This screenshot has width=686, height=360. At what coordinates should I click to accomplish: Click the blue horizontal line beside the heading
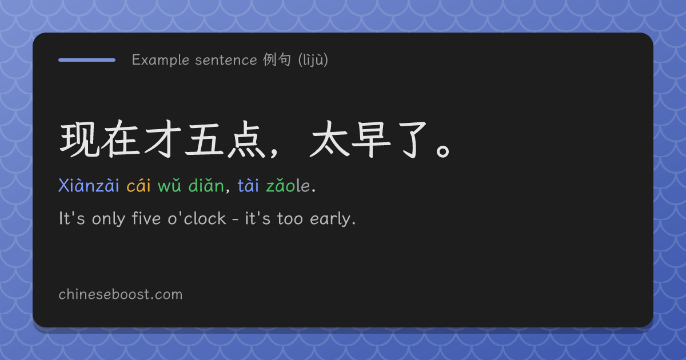(x=87, y=60)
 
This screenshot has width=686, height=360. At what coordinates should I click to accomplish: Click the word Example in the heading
(x=161, y=60)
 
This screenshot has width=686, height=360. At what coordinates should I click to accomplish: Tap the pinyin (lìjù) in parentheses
(x=313, y=60)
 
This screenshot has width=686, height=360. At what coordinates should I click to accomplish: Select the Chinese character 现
(x=79, y=139)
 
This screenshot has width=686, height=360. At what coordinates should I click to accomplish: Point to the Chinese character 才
(x=162, y=139)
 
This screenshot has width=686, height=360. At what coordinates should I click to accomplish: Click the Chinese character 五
(x=204, y=139)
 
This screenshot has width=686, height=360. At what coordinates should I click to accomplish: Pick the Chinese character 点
(x=246, y=139)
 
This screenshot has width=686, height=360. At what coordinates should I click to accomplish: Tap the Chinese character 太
(x=329, y=139)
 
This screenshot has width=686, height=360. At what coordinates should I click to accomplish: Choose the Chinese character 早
(x=371, y=139)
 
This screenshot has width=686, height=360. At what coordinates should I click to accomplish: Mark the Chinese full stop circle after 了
(x=443, y=151)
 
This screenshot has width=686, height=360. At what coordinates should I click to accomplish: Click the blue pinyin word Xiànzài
(x=89, y=185)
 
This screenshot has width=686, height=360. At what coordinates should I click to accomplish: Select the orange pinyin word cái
(x=139, y=185)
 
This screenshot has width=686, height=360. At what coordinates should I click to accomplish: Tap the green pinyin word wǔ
(x=169, y=186)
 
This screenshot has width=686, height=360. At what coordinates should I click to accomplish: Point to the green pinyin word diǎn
(x=206, y=185)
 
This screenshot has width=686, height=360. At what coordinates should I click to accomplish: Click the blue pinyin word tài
(x=248, y=185)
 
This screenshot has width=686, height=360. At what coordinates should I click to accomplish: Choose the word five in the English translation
(x=146, y=218)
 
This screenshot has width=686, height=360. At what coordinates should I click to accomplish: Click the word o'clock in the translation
(x=197, y=218)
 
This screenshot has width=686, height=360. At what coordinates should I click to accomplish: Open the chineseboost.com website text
(x=121, y=294)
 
